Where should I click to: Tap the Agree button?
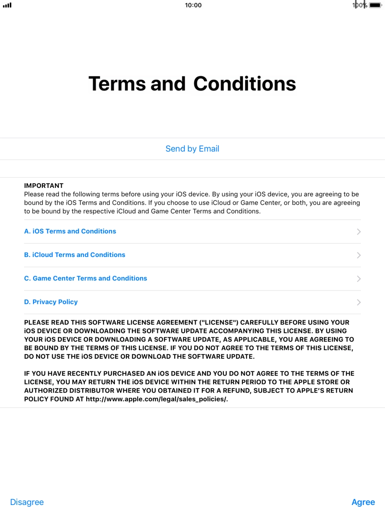[x=363, y=502]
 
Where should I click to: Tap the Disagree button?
[x=27, y=502]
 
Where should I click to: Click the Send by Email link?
[x=192, y=149]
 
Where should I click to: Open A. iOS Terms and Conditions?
[x=70, y=231]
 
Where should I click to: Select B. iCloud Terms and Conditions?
[x=75, y=255]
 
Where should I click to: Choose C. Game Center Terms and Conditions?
[x=85, y=278]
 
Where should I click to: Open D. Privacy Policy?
[x=51, y=302]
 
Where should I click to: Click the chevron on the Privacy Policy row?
[x=359, y=302]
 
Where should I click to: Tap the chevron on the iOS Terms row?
[x=359, y=232]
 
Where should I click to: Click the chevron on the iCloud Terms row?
[x=359, y=255]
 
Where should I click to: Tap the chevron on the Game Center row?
[x=359, y=279]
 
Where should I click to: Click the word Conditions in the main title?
[x=245, y=84]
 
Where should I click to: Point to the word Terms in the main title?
[x=117, y=84]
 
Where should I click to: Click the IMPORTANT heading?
[x=44, y=186]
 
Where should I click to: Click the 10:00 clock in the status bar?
[x=193, y=5]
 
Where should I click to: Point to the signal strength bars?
[x=7, y=5]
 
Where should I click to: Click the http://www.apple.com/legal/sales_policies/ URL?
[x=157, y=399]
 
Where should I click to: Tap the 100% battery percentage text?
[x=360, y=5]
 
